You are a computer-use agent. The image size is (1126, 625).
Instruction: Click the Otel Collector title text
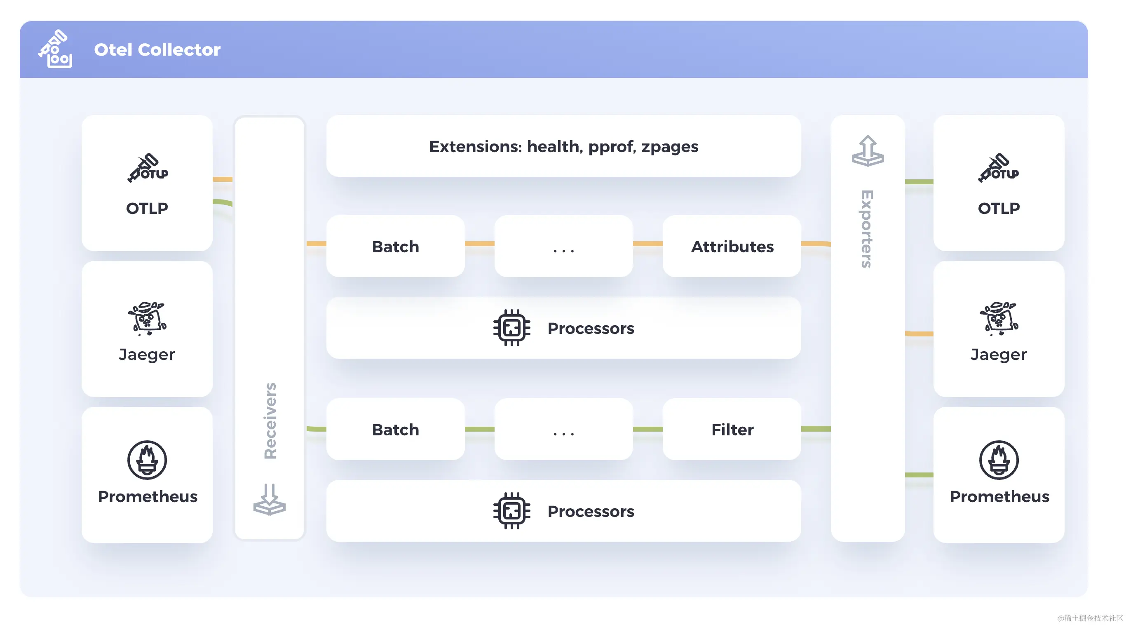point(157,49)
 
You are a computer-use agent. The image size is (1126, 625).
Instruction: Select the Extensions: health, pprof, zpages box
point(563,146)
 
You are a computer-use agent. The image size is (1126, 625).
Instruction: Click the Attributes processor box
point(732,246)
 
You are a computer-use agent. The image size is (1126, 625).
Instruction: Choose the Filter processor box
point(732,429)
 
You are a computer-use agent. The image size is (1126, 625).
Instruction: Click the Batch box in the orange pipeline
point(395,246)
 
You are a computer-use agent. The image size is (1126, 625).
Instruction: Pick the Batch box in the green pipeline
point(395,429)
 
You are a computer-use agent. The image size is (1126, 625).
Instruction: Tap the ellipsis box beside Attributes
point(563,246)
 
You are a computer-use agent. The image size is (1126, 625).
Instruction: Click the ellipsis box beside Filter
point(563,429)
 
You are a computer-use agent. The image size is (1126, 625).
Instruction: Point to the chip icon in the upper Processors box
point(511,328)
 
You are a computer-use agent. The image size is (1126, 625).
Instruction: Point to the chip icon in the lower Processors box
point(511,510)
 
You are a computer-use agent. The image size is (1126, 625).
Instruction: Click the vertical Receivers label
point(270,421)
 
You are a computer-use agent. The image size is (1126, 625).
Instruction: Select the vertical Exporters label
point(867,229)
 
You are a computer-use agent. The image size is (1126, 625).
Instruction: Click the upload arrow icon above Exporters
point(867,151)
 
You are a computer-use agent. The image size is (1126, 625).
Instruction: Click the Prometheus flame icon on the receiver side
point(147,460)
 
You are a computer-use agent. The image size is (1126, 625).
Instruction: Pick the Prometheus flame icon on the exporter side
point(998,460)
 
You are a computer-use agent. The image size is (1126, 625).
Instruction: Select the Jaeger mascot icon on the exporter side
point(998,318)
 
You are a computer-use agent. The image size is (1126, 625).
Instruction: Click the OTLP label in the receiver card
point(147,208)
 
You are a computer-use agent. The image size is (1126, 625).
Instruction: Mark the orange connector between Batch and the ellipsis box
point(479,244)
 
